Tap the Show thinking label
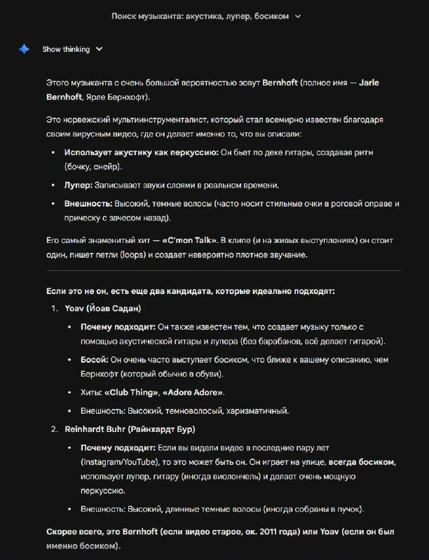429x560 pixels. (66, 49)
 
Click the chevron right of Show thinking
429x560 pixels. (99, 49)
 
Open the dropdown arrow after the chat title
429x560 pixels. (299, 15)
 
